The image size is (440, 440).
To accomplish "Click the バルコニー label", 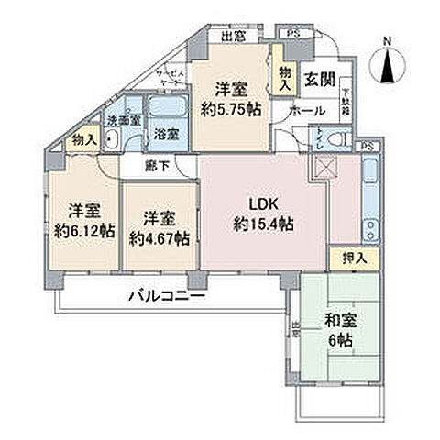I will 165,297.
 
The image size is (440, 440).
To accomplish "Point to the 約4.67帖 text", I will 159,237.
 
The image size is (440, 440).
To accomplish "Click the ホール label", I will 302,110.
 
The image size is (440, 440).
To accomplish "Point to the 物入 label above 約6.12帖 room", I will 83,139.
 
